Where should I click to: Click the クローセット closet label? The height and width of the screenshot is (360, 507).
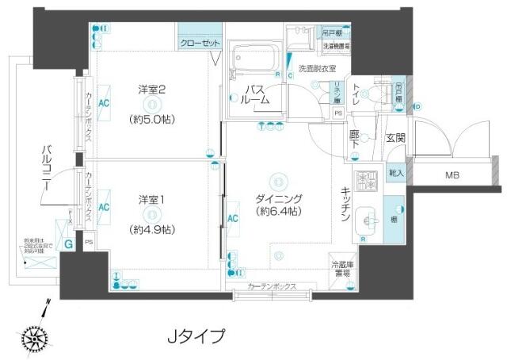pos(200,44)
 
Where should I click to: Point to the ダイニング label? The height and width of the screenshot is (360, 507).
pos(276,197)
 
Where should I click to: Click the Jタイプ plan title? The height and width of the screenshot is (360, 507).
pos(195,335)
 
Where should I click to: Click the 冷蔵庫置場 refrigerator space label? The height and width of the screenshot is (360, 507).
pos(342,270)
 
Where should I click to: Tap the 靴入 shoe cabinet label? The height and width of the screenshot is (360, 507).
pos(395,172)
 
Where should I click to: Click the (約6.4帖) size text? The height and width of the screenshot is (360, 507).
pos(276,212)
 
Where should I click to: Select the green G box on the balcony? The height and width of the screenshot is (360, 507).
pos(69,243)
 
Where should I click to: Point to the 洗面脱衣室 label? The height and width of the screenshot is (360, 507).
pos(317,69)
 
